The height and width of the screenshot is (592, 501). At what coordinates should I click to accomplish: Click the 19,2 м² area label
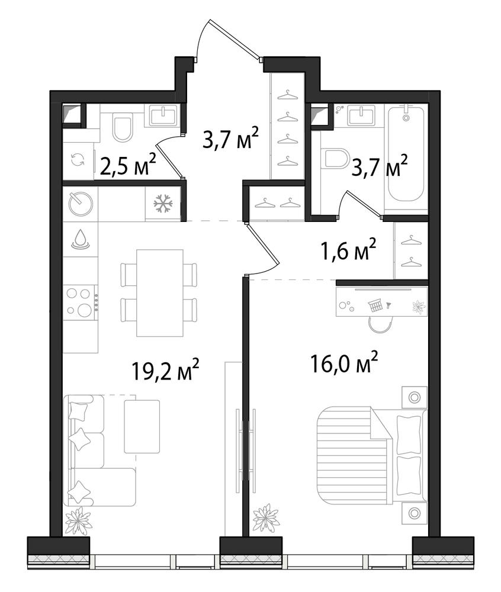tap(165, 369)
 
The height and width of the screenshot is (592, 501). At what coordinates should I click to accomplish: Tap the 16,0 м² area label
tap(344, 362)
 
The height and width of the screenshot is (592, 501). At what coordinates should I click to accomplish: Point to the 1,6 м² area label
tap(348, 249)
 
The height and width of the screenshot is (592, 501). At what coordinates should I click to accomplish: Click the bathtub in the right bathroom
tap(406, 154)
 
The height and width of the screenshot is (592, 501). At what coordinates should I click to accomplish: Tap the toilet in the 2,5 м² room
tap(123, 128)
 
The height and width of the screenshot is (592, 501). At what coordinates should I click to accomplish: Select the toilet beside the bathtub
tap(336, 159)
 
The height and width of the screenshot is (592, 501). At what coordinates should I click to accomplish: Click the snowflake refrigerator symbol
tap(163, 203)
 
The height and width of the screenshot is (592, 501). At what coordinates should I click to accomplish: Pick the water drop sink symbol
tap(81, 239)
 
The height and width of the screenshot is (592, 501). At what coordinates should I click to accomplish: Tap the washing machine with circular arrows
tap(78, 160)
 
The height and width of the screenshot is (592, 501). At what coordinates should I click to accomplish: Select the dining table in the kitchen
tap(160, 292)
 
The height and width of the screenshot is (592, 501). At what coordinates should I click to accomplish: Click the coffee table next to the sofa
tap(142, 426)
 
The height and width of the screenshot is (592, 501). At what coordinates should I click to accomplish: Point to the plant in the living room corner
tap(79, 520)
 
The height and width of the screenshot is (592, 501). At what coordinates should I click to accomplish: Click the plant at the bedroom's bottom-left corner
tap(266, 517)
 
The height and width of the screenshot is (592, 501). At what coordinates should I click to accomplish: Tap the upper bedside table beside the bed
tap(415, 397)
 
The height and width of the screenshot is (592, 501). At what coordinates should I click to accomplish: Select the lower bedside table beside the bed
tap(415, 513)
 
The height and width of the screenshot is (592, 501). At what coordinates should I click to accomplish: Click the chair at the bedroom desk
tap(381, 324)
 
